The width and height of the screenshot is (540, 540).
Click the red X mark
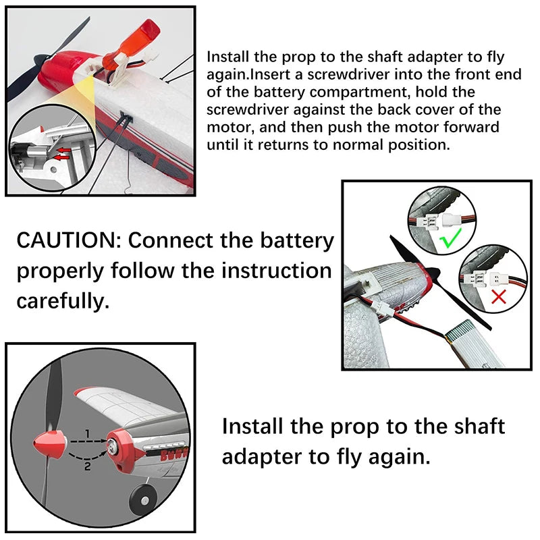point(499,296)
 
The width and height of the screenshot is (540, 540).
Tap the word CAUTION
point(65,240)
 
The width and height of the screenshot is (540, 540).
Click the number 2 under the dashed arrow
point(87,465)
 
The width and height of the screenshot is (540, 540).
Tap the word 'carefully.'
point(62,300)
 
